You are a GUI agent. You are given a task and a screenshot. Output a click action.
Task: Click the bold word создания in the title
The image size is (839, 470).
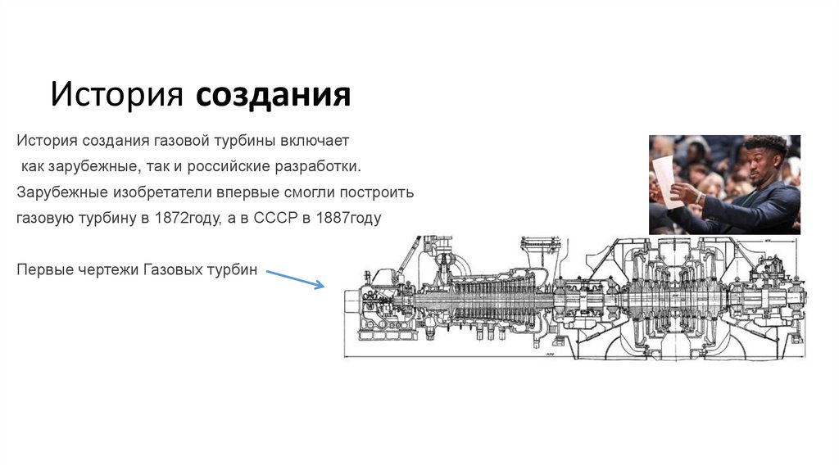274,95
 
